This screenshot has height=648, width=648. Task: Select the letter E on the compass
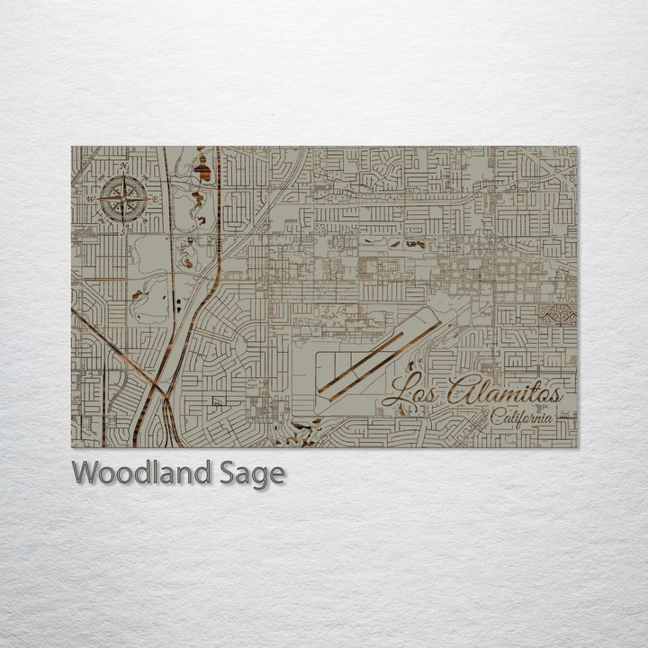tap(152, 198)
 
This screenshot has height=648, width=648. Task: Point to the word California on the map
tap(522, 417)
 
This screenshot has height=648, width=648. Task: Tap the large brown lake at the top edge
tap(203, 168)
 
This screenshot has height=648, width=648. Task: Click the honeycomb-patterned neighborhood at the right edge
tap(558, 314)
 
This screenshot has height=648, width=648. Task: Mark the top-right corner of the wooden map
tap(577, 148)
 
